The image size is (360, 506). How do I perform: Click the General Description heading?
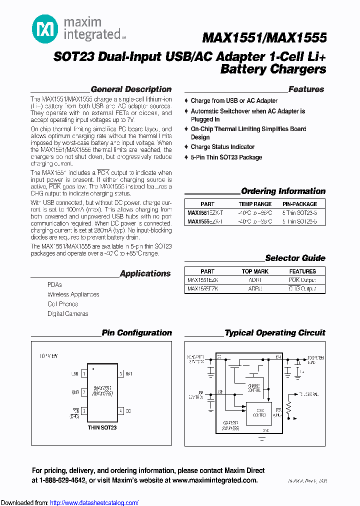[x=131, y=89]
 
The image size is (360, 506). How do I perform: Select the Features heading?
[x=306, y=89]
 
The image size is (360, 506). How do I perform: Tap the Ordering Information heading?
[x=283, y=191]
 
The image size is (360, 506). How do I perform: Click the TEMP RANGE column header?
[x=255, y=204]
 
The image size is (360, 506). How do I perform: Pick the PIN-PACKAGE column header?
[x=299, y=204]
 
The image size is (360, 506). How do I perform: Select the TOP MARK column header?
[x=255, y=271]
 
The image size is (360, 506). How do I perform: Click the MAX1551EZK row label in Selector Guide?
[x=202, y=280]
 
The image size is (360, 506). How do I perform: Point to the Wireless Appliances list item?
[x=73, y=294]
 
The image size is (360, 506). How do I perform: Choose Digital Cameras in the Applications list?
[x=68, y=314]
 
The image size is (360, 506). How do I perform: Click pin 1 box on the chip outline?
[x=84, y=373]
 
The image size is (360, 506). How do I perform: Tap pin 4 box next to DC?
[x=120, y=411]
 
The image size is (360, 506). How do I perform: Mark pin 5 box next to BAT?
[x=120, y=373]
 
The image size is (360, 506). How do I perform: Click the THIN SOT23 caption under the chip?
[x=102, y=427]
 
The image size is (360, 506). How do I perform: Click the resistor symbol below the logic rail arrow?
[x=288, y=410]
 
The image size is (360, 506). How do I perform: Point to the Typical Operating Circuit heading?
[x=275, y=333]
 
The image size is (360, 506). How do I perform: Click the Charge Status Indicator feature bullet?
[x=222, y=147]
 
